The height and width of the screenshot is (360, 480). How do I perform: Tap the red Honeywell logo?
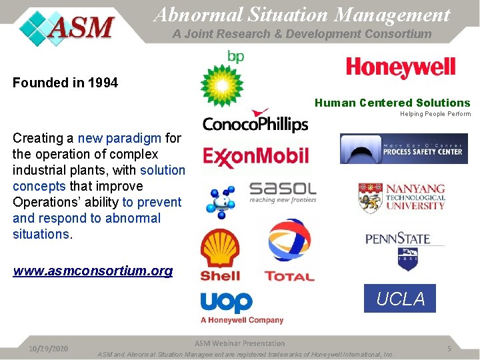[400, 67]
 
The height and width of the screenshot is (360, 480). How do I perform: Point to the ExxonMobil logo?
[255, 157]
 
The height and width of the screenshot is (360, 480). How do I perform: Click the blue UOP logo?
[227, 303]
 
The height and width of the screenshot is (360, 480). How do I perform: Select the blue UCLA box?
[400, 299]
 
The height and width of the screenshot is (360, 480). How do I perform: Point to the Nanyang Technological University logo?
[401, 198]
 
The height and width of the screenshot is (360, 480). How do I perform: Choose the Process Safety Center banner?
[403, 149]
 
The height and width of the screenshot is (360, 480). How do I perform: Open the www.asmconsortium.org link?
[93, 271]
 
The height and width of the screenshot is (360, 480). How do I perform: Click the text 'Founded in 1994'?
[65, 83]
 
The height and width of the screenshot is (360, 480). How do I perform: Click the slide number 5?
[449, 349]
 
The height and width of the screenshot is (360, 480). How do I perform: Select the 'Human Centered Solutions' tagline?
[392, 103]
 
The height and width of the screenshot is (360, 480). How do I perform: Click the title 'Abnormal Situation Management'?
[301, 14]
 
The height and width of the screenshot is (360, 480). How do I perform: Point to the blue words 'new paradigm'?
[119, 138]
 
